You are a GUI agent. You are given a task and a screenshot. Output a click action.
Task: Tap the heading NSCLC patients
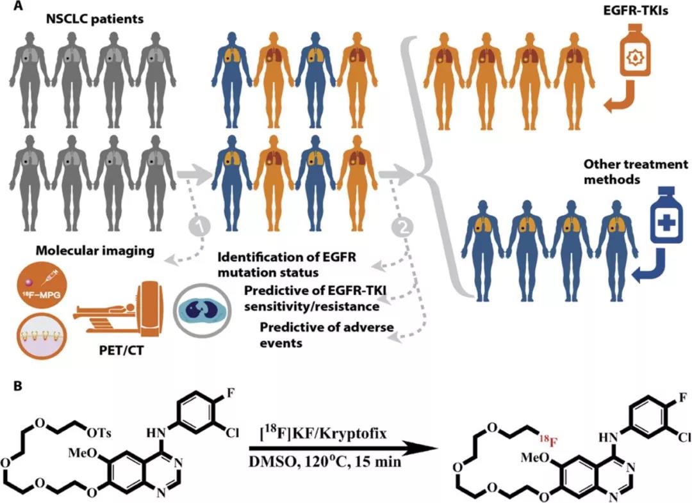[96, 20]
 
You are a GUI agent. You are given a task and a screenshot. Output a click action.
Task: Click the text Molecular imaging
[95, 251]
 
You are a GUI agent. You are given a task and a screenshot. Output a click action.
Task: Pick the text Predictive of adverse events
[327, 335]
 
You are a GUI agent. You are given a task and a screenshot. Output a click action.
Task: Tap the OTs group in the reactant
[99, 434]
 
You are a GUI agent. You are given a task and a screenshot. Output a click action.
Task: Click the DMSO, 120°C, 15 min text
[325, 461]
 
